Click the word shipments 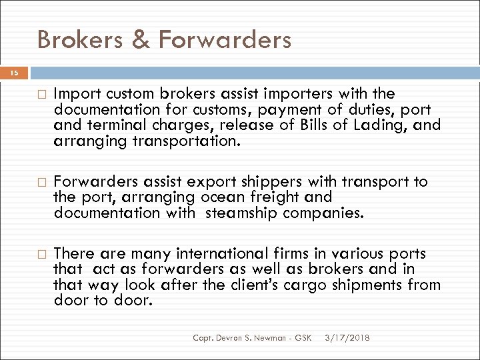[x=379, y=285]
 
